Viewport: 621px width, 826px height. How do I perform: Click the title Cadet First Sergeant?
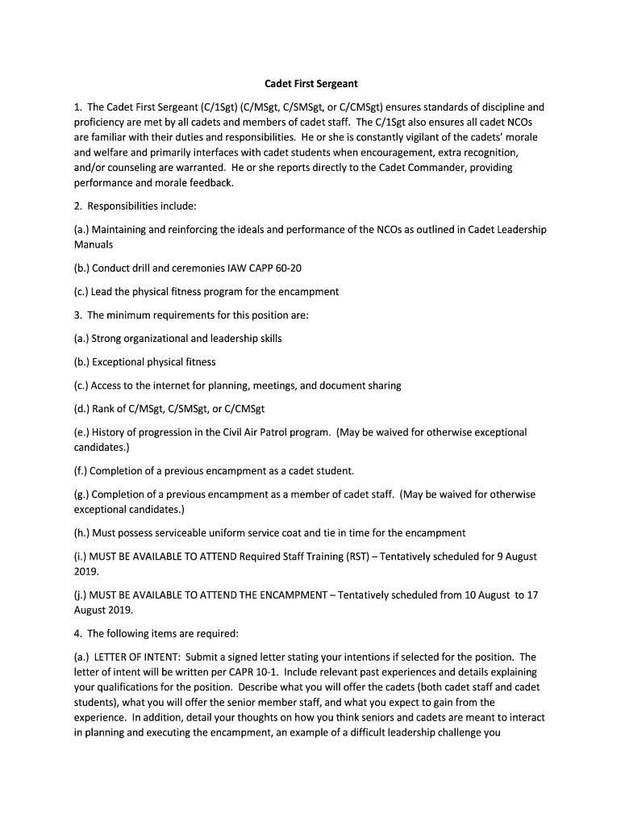(311, 83)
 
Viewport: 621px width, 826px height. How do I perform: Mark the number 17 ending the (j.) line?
(532, 595)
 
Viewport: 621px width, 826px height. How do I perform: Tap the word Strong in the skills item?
(107, 339)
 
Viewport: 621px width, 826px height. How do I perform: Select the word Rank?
(107, 409)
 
